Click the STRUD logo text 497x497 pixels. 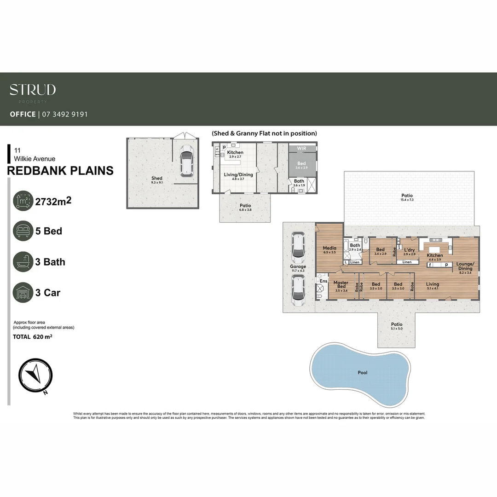[x=33, y=89]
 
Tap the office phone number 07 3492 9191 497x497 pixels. [x=65, y=114]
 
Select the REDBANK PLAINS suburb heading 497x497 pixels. [x=60, y=171]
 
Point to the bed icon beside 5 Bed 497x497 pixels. [x=23, y=231]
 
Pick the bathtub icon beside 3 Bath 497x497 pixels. [x=23, y=262]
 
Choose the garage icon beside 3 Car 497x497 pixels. [x=23, y=293]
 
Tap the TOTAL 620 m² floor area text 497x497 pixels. [x=33, y=337]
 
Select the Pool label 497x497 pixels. [x=363, y=373]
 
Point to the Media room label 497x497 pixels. [x=329, y=248]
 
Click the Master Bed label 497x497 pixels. [x=341, y=285]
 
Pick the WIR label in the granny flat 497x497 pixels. [x=302, y=149]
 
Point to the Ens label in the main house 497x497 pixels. [x=323, y=281]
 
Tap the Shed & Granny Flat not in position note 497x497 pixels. [x=264, y=133]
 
